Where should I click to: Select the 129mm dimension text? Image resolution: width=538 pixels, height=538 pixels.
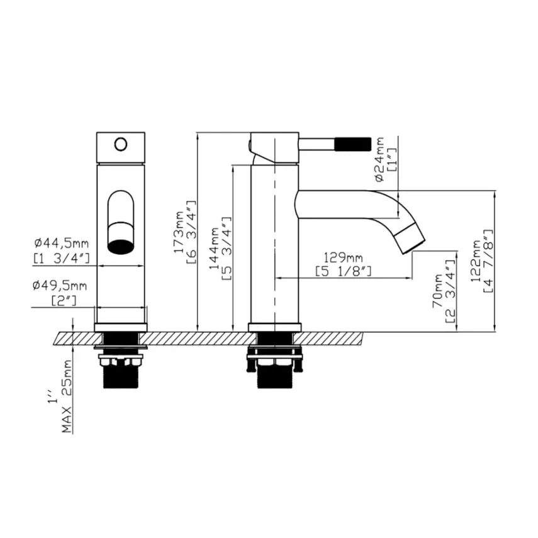pyautogui.click(x=344, y=257)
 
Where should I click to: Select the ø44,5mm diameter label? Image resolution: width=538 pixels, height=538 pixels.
pyautogui.click(x=62, y=243)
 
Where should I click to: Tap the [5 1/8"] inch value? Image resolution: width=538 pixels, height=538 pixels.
pyautogui.click(x=344, y=271)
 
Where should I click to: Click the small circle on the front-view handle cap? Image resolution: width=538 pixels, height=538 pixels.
pyautogui.click(x=120, y=145)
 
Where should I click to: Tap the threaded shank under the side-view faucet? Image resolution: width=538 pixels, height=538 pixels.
pyautogui.click(x=274, y=377)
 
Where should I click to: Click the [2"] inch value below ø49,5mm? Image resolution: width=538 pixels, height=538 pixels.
pyautogui.click(x=64, y=301)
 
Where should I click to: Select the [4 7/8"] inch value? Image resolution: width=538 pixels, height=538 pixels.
pyautogui.click(x=490, y=261)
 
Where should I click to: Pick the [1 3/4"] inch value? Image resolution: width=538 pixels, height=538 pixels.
pyautogui.click(x=62, y=257)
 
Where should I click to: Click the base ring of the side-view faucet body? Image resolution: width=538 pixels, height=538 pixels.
pyautogui.click(x=274, y=327)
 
